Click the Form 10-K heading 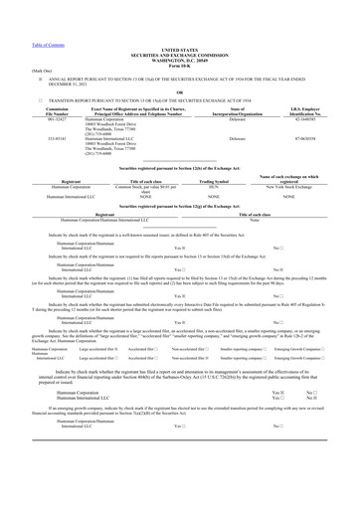coord(179,39)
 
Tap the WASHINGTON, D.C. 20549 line coord(179,33)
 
